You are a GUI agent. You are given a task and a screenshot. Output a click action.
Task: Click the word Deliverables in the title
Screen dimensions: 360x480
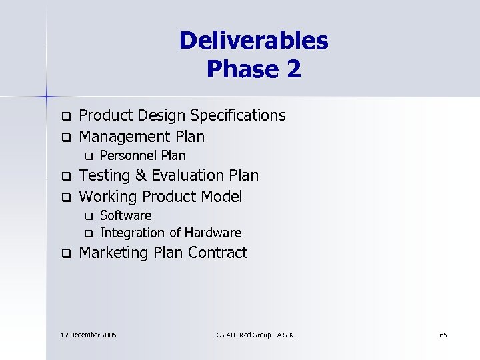(x=253, y=41)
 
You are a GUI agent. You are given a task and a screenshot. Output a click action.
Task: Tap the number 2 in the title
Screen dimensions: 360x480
(x=294, y=69)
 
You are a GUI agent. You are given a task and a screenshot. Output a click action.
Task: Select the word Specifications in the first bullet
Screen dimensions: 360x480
(x=238, y=115)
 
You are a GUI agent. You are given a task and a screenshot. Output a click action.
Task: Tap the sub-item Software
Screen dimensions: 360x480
(x=125, y=215)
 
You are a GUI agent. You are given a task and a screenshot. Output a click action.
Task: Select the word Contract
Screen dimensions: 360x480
(x=218, y=253)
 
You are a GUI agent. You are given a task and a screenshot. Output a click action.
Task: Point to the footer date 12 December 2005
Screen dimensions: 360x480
(x=88, y=334)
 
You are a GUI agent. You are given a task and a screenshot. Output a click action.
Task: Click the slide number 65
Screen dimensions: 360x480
(x=443, y=334)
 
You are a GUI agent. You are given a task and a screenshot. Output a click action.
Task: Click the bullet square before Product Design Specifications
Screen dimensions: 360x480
(x=66, y=116)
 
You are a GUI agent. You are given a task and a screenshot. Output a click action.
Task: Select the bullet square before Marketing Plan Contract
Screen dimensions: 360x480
(x=66, y=253)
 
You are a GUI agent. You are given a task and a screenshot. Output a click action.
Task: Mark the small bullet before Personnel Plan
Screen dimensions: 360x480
(x=87, y=156)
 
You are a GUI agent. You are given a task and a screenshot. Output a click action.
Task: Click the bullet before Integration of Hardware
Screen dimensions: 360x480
(x=87, y=233)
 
